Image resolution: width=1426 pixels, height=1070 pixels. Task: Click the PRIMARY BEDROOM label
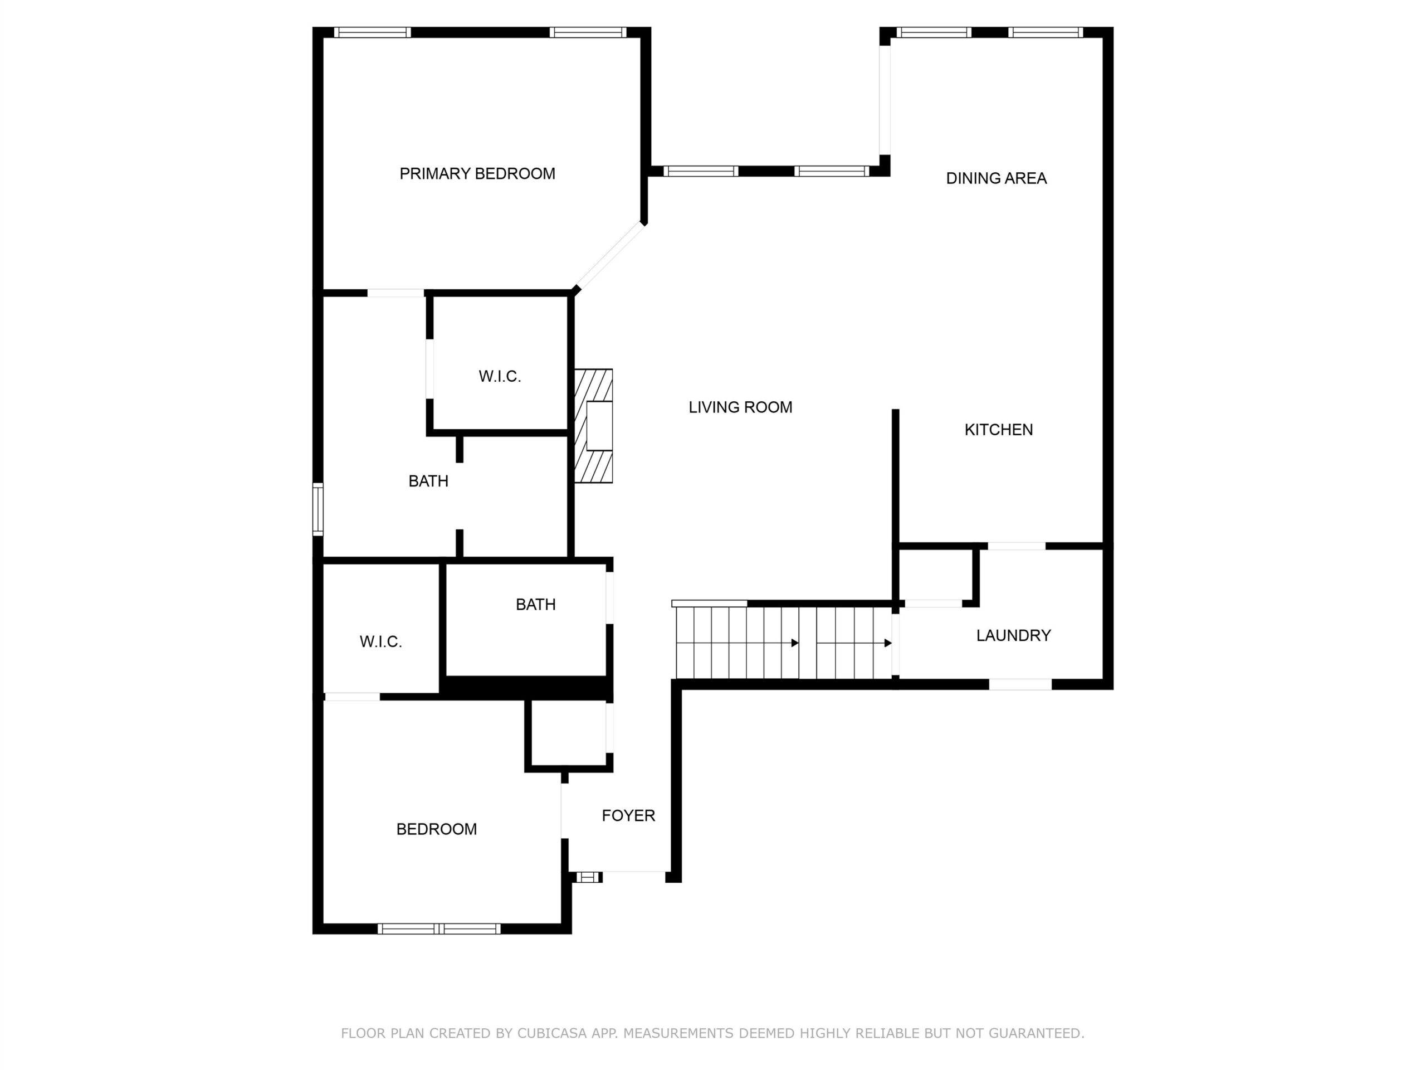(477, 173)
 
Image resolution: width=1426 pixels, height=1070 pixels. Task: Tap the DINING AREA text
(996, 178)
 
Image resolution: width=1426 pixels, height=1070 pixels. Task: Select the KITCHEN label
(999, 430)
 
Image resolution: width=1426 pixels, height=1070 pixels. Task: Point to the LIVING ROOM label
(740, 407)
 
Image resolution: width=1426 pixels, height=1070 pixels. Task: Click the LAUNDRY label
(1013, 635)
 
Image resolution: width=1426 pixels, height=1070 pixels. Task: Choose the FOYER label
(628, 815)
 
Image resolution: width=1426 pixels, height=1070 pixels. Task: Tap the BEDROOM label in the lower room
(437, 829)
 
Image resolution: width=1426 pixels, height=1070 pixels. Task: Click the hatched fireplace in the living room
(593, 426)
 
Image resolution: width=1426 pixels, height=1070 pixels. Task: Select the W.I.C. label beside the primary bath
(500, 376)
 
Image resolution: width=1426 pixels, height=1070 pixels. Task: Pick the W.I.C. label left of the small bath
(380, 642)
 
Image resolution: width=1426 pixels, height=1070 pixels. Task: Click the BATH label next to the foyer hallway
(536, 604)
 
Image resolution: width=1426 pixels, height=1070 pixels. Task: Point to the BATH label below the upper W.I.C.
(428, 481)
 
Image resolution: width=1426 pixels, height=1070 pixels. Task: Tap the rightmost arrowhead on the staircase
(888, 643)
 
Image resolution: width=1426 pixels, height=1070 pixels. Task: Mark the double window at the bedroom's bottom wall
(439, 929)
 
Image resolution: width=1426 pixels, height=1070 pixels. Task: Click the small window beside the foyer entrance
(587, 877)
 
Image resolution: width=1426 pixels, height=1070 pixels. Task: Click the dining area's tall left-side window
(885, 100)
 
